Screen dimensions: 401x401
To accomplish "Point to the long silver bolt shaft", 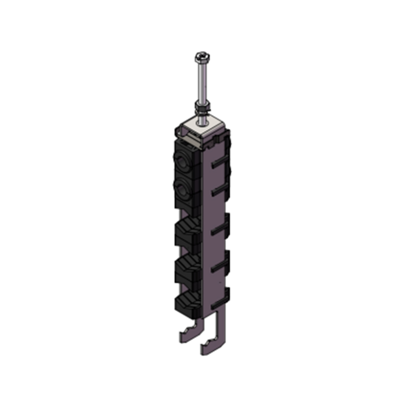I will click(200, 80).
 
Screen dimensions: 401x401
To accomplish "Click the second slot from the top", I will click(217, 192).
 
